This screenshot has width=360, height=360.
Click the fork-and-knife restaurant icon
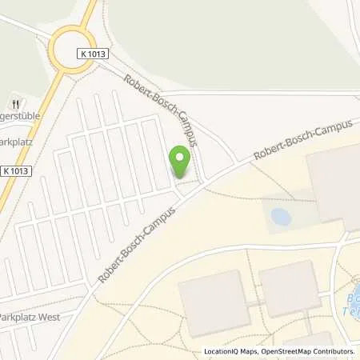click(x=15, y=104)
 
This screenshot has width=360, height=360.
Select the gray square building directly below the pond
click(x=289, y=288)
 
